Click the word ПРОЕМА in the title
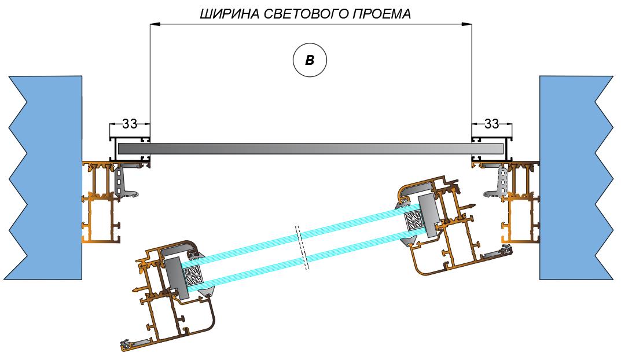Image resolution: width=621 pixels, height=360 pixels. (381, 14)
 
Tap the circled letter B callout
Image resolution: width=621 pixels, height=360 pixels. (310, 60)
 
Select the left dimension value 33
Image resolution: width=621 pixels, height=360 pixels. (130, 123)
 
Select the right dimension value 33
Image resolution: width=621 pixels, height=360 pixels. (491, 123)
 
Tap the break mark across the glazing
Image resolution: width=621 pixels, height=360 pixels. (302, 246)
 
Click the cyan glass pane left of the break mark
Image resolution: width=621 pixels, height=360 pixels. (249, 260)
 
